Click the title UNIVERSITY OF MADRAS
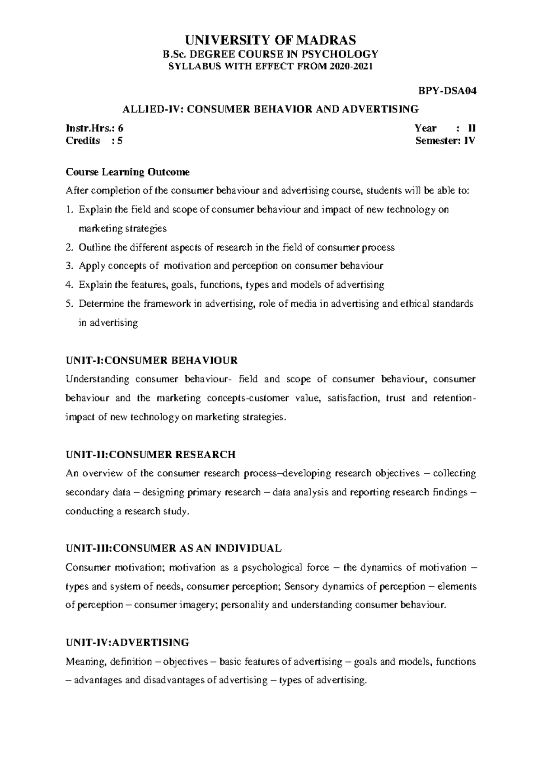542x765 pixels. click(x=271, y=40)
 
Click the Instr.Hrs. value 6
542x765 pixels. click(x=120, y=128)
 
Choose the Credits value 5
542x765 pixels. click(x=120, y=140)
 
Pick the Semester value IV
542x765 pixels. click(x=470, y=140)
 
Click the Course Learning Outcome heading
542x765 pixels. click(x=128, y=172)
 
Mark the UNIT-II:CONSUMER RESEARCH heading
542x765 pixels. click(x=150, y=454)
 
